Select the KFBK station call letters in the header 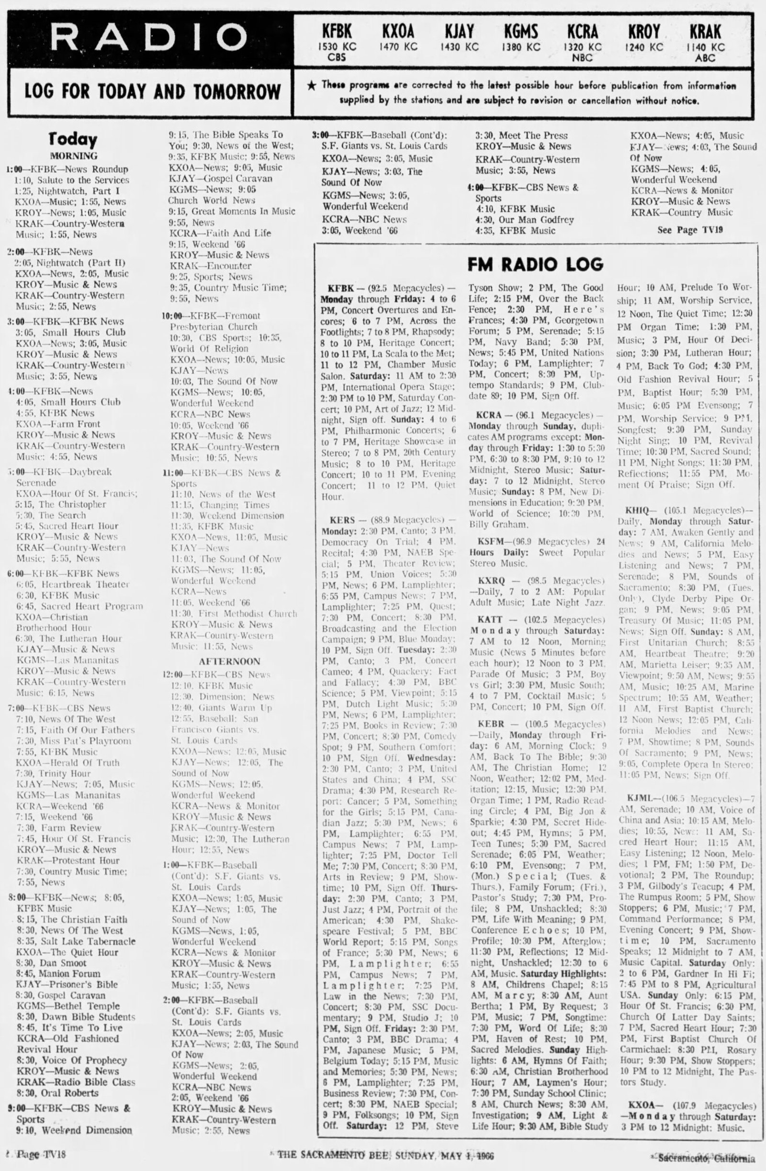337,32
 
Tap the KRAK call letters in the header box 705,32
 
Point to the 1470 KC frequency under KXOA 398,47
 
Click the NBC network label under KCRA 582,57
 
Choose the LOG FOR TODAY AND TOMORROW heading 153,91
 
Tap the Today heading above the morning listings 73,140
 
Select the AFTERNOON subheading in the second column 229,661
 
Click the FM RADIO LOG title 535,264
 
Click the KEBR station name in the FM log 490,724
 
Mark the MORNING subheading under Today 74,156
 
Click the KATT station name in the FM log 489,619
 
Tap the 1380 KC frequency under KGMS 521,47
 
